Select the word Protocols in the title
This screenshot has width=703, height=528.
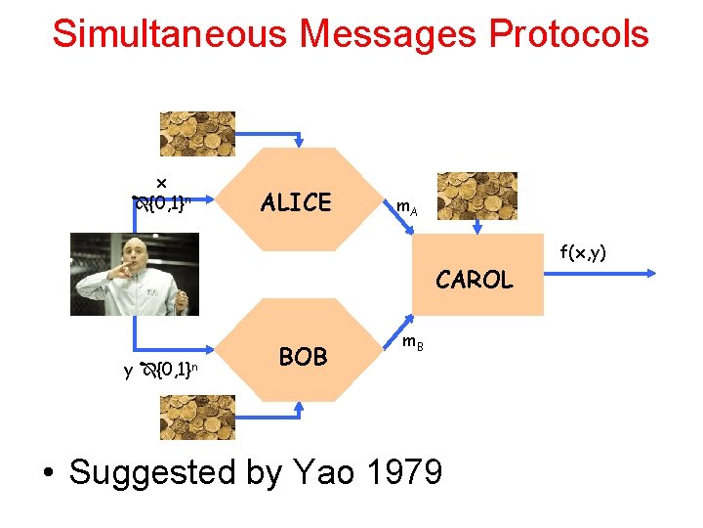point(568,33)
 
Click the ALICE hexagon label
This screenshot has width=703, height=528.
point(296,202)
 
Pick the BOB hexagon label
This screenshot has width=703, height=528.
point(303,357)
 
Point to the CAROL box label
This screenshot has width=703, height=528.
point(474,280)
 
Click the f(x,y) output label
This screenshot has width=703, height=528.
point(583,253)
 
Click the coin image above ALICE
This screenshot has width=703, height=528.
point(198,134)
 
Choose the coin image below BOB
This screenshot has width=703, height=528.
point(198,418)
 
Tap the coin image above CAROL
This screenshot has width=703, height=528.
point(476,196)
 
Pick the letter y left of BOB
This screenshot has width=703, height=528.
point(128,371)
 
